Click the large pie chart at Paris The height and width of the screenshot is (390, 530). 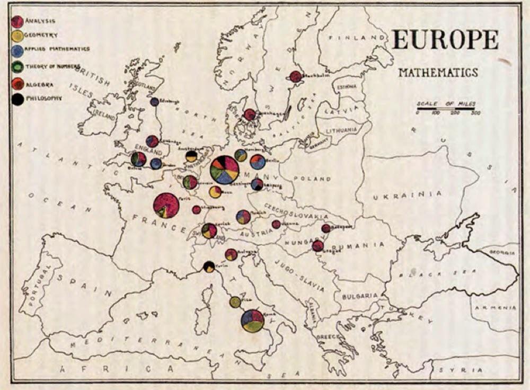point(166,206)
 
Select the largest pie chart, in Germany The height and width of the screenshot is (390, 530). point(225,170)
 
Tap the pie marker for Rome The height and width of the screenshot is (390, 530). point(253,321)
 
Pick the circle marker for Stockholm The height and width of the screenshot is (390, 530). point(296,77)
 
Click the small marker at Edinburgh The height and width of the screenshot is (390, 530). point(154,102)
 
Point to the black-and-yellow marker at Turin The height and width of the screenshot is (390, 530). point(209,267)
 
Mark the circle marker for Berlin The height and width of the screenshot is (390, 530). point(258,162)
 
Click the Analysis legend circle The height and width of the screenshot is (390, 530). point(17,21)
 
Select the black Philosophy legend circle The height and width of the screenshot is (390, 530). point(17,99)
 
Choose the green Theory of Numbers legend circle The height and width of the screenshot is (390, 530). point(17,67)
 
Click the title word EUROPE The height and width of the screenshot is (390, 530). point(445,41)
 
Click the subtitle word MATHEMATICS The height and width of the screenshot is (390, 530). point(438,72)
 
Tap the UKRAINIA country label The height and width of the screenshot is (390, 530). point(407,196)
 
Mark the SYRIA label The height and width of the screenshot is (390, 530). point(471,370)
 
